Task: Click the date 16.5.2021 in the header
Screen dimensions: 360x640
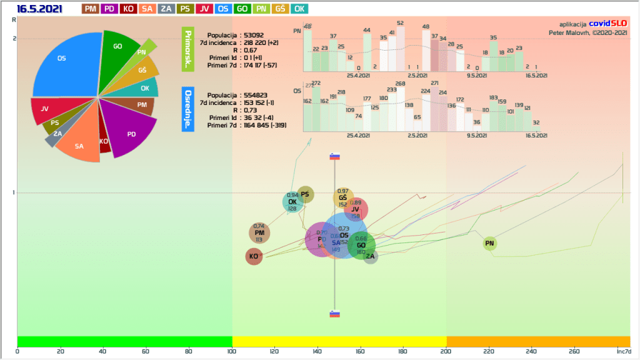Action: [39, 9]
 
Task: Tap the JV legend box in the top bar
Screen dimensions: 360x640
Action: [204, 9]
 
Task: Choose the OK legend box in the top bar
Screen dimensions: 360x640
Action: [299, 9]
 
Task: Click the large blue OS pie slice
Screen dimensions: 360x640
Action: [66, 62]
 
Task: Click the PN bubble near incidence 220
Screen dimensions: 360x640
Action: [490, 243]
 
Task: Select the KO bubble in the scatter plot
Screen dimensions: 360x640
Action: [254, 256]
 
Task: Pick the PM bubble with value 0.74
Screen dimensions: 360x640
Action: [259, 233]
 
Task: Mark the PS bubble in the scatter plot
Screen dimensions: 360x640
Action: [306, 194]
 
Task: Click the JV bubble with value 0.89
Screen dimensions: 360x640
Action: [356, 209]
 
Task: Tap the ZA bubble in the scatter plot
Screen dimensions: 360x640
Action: [371, 256]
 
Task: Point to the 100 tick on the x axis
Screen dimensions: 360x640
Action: [232, 351]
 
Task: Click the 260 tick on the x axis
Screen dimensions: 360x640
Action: [575, 351]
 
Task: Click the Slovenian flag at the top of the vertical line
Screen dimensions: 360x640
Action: [334, 156]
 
